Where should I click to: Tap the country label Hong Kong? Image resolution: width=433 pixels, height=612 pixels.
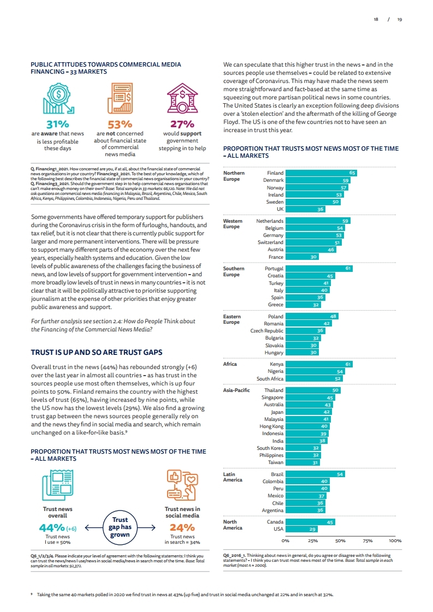[x=271, y=426]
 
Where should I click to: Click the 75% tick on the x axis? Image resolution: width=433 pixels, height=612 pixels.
[x=367, y=540]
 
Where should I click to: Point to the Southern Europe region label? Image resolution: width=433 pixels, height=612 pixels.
[x=234, y=271]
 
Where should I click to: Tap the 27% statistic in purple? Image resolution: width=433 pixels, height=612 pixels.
[x=182, y=124]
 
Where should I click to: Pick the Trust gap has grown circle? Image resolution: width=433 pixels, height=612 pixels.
[x=120, y=527]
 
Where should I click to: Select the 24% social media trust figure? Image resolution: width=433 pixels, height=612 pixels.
[x=182, y=527]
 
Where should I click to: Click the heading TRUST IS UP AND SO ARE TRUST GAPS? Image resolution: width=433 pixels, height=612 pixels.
[x=96, y=352]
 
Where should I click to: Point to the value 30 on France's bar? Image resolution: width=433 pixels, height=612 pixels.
[x=313, y=257]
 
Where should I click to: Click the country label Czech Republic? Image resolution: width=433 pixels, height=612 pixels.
[x=267, y=331]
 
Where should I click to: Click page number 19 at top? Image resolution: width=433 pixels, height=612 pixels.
[x=400, y=19]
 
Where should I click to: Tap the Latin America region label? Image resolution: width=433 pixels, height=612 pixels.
[x=233, y=477]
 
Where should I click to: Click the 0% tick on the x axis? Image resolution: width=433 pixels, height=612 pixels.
[x=285, y=540]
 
